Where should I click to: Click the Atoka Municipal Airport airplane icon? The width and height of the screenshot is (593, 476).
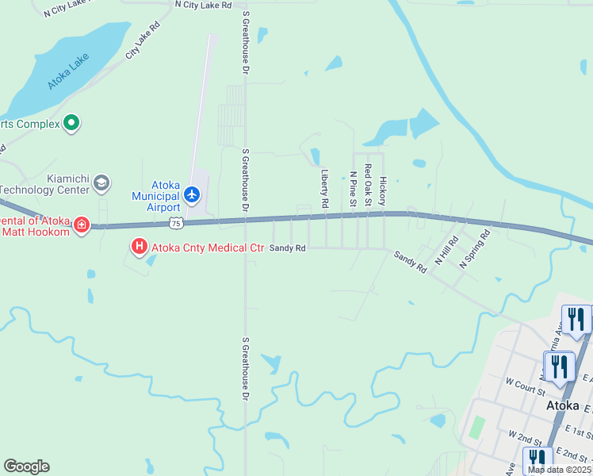192,194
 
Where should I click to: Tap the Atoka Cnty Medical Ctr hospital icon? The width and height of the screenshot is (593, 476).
140,248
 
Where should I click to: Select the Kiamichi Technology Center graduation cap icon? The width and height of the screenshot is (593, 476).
101,184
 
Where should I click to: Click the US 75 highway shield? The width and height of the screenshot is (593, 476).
176,224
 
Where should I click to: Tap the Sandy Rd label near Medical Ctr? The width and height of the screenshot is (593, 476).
288,248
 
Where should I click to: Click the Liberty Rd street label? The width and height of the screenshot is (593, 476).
325,188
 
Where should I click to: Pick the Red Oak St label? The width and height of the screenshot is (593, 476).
368,186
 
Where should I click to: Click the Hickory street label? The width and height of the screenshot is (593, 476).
383,191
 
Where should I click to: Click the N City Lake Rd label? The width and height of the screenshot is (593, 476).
203,5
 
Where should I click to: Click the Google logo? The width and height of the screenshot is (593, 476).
26,466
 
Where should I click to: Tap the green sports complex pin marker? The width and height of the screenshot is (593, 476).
71,123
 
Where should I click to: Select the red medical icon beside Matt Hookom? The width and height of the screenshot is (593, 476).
81,226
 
